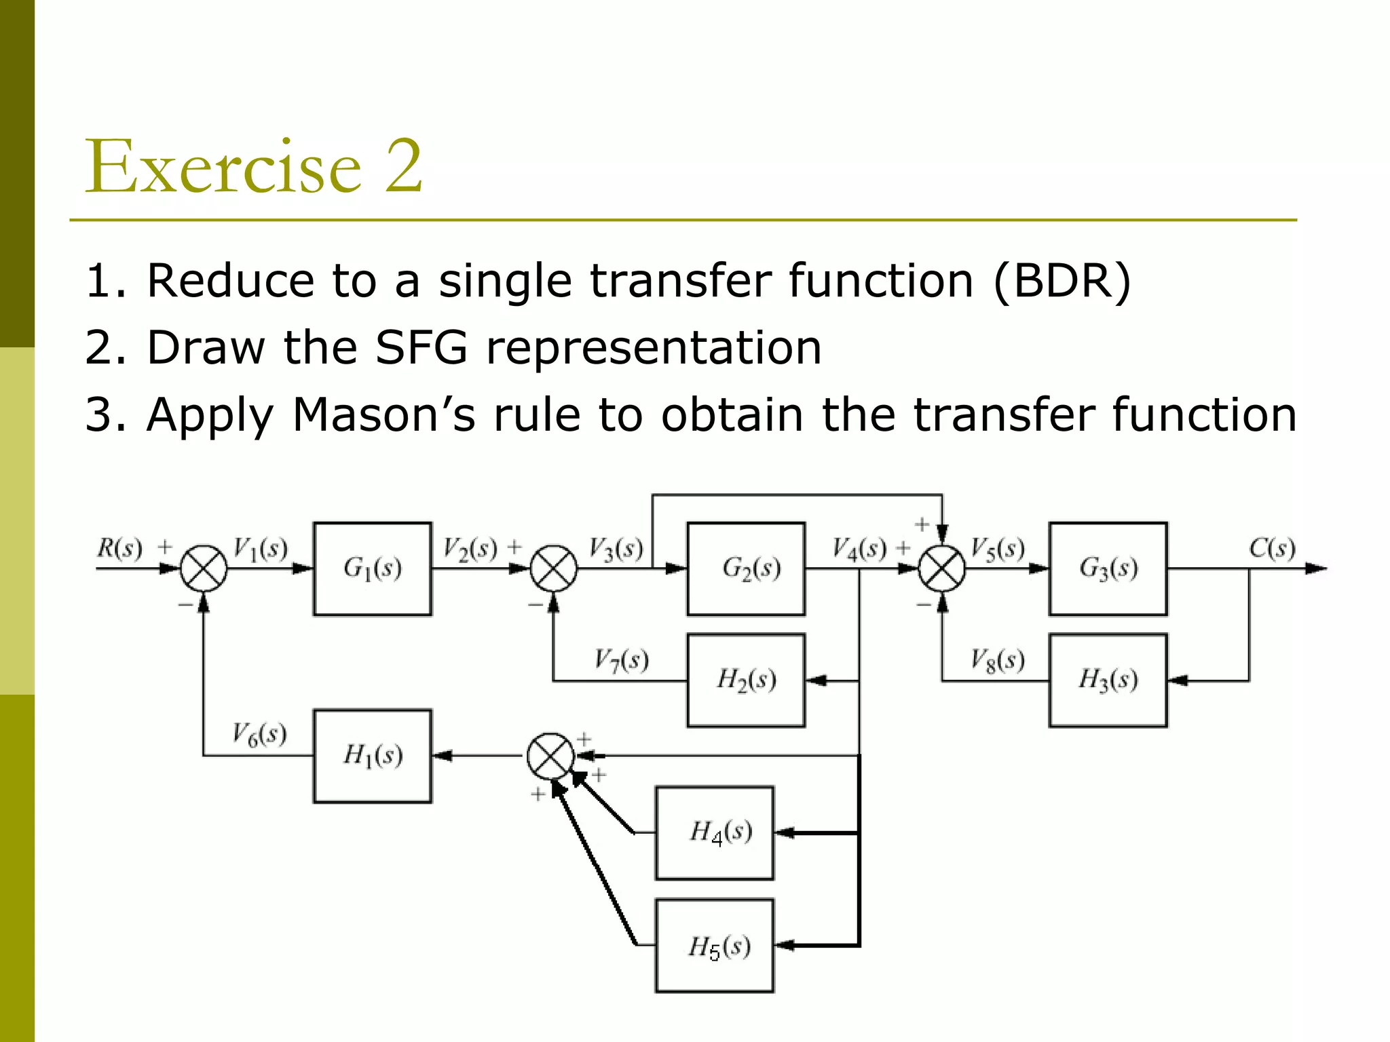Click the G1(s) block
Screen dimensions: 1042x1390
pyautogui.click(x=372, y=568)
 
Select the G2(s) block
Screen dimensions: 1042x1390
pyautogui.click(x=746, y=568)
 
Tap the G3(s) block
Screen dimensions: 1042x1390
pyautogui.click(x=1108, y=568)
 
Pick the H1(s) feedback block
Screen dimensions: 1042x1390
pyautogui.click(x=372, y=756)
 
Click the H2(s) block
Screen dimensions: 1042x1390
pyautogui.click(x=746, y=680)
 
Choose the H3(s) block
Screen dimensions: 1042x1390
pyautogui.click(x=1108, y=680)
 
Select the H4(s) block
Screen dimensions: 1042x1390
pyautogui.click(x=714, y=832)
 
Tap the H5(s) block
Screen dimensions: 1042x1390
pyautogui.click(x=714, y=946)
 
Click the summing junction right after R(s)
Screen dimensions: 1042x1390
pyautogui.click(x=204, y=568)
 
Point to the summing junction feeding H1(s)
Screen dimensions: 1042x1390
pyautogui.click(x=551, y=756)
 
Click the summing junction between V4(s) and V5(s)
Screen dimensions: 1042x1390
pyautogui.click(x=942, y=568)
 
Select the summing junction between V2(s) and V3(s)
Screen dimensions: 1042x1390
pyautogui.click(x=554, y=568)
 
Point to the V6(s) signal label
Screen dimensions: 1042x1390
pyautogui.click(x=259, y=734)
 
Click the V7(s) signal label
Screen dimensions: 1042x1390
pyautogui.click(x=621, y=659)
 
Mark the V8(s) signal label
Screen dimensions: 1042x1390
pyautogui.click(x=997, y=659)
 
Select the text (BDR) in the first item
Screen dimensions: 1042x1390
pyautogui.click(x=1063, y=280)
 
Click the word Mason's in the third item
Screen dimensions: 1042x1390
pyautogui.click(x=384, y=414)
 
